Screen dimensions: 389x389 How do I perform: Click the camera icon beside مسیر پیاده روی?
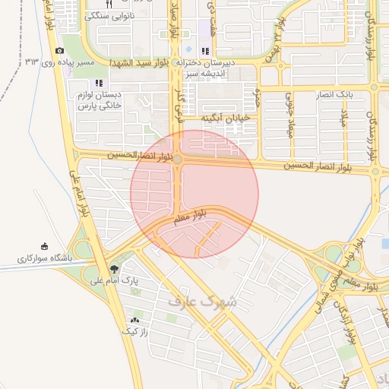tap(60, 51)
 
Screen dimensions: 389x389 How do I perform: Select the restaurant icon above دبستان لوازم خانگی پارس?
tap(98, 83)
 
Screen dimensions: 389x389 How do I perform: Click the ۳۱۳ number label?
tap(32, 61)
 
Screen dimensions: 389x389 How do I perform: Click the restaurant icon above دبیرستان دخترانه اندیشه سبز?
tap(204, 51)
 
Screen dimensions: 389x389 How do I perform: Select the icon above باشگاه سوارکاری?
tap(43, 246)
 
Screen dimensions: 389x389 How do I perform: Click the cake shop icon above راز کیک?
tap(135, 319)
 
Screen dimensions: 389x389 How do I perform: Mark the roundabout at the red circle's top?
tap(177, 160)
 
